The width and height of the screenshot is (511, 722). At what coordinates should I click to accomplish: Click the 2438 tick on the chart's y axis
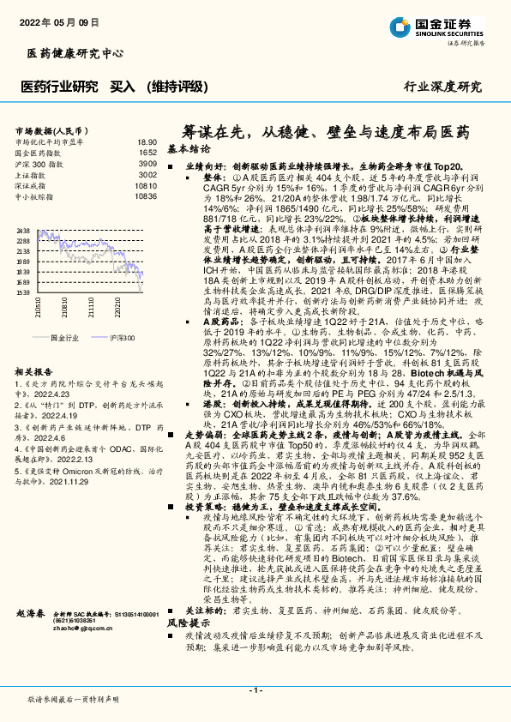(x=23, y=232)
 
